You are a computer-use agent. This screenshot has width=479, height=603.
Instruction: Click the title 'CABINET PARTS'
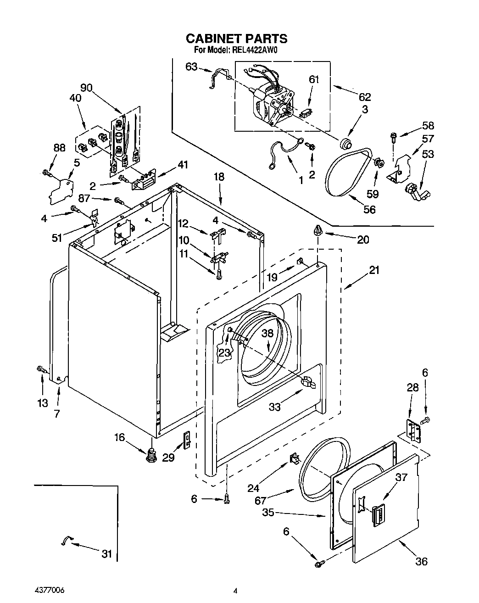(236, 38)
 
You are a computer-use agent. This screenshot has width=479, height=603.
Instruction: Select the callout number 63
(191, 67)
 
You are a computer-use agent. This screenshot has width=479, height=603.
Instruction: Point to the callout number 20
(362, 240)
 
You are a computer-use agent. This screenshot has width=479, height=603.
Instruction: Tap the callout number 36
(421, 561)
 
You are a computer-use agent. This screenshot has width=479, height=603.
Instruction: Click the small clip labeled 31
(67, 541)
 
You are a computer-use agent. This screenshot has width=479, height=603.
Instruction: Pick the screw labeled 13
(40, 368)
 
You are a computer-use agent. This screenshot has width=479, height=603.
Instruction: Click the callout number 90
(86, 87)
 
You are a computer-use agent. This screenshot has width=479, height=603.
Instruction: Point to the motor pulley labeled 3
(345, 144)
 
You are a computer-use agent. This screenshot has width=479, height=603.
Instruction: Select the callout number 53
(427, 154)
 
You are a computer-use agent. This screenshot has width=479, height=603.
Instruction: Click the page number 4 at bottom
(235, 591)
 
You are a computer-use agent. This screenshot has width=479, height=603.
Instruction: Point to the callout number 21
(374, 270)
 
